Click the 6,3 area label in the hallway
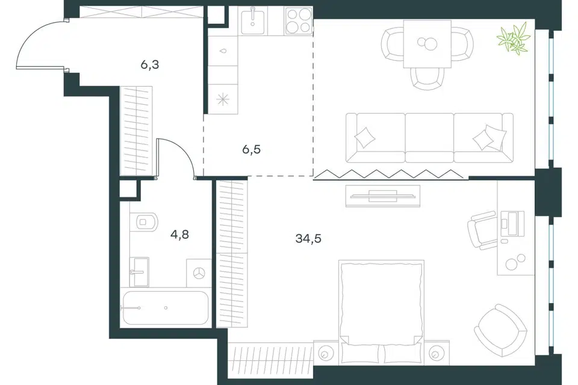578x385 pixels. click(x=150, y=65)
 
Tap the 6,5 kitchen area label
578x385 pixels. click(x=252, y=150)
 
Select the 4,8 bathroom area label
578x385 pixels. click(x=179, y=235)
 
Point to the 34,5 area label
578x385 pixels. click(x=308, y=239)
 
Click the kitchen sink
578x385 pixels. click(x=252, y=22)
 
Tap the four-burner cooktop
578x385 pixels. click(x=298, y=20)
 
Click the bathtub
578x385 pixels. click(x=166, y=307)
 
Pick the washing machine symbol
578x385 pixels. click(x=199, y=273)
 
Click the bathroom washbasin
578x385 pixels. click(x=140, y=272)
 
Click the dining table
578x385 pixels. click(x=427, y=44)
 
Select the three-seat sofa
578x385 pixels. click(x=429, y=138)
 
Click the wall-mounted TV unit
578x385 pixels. click(x=383, y=196)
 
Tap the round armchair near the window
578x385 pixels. click(x=500, y=330)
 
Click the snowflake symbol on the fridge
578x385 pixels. click(x=223, y=99)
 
